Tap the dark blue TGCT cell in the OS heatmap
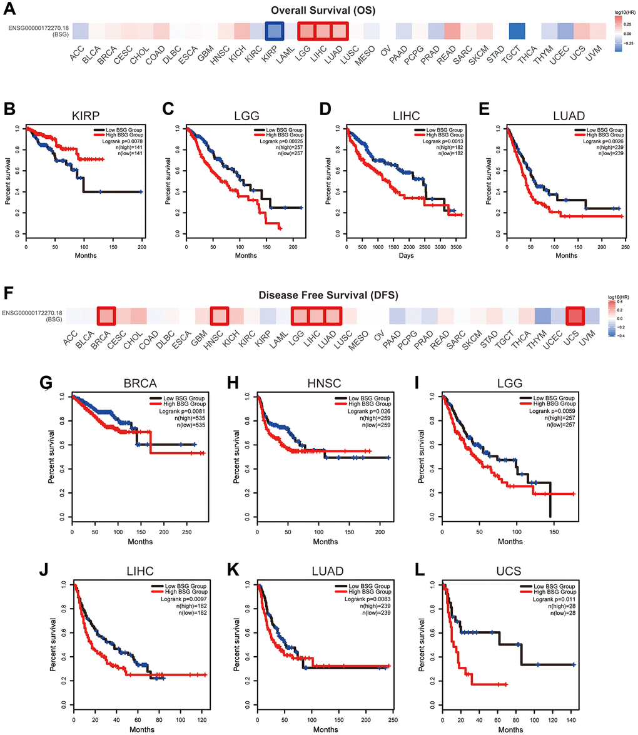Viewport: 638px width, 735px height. [516, 31]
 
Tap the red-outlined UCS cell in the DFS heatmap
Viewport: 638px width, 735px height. [574, 317]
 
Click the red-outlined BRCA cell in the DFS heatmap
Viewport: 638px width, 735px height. [106, 317]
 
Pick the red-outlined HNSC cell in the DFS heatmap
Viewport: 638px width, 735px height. [220, 317]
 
